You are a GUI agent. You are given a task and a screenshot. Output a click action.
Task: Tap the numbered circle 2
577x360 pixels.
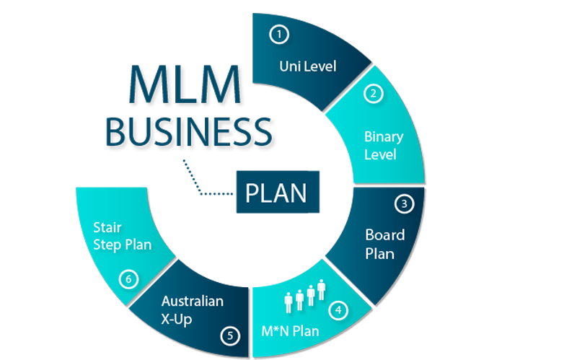tap(374, 93)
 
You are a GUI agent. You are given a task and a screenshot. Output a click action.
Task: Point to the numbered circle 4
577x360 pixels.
tap(338, 311)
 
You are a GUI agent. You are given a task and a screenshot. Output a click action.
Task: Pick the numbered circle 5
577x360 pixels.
tap(229, 335)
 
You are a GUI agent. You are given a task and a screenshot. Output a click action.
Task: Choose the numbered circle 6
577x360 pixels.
tap(128, 278)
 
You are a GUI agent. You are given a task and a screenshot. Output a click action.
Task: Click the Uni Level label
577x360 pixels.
tap(308, 67)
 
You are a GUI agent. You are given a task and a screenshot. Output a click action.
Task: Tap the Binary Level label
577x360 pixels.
tap(384, 145)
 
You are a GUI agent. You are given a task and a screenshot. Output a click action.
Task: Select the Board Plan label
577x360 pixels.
tap(385, 244)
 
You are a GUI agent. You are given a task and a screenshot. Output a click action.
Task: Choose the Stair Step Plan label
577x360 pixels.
tap(122, 236)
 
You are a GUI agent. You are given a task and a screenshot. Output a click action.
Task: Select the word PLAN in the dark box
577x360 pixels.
tap(276, 193)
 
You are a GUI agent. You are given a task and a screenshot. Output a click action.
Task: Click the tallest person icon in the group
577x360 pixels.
tap(322, 291)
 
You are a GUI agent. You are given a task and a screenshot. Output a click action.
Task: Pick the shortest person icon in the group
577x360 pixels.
tap(288, 302)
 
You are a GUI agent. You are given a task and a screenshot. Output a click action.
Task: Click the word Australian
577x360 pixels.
tap(192, 301)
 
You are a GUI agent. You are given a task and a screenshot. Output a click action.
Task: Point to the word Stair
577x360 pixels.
tap(107, 227)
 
